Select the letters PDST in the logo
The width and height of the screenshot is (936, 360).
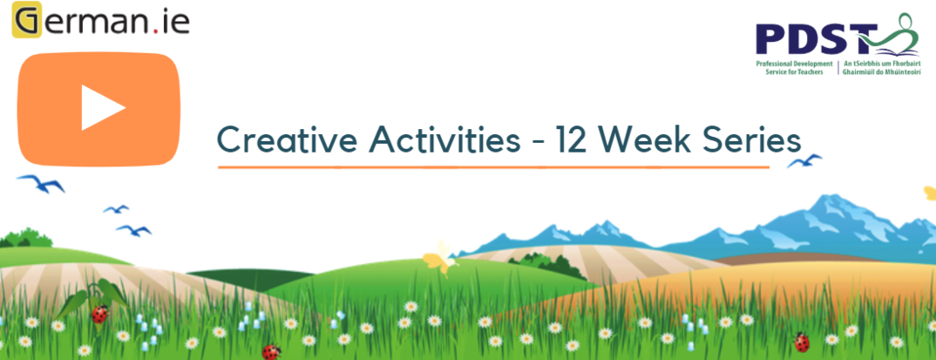817,39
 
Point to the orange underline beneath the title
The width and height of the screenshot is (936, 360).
493,167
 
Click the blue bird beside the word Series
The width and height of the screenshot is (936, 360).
804,160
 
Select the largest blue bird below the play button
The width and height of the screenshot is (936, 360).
41,183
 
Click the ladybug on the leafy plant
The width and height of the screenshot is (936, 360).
99,314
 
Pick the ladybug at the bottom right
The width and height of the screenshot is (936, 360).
801,342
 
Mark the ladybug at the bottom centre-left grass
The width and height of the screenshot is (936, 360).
271,350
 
